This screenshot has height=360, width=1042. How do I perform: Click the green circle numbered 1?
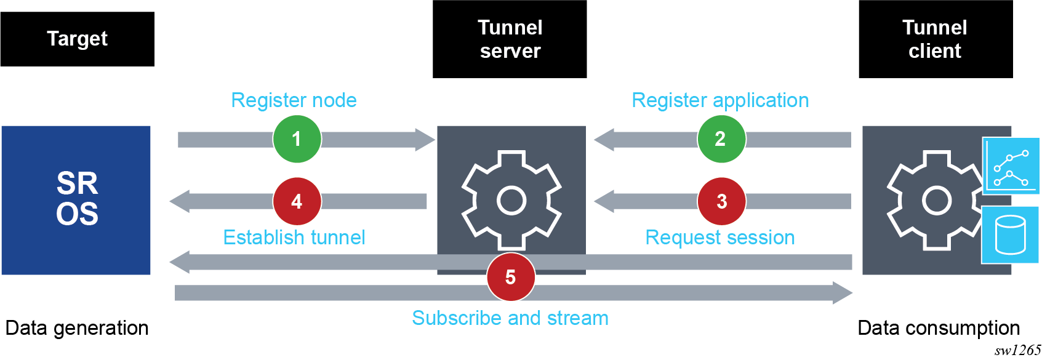tap(297, 139)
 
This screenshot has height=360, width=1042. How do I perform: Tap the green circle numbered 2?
tap(721, 139)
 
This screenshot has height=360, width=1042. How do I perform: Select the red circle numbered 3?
tap(721, 201)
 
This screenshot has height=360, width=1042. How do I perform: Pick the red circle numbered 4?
tap(297, 201)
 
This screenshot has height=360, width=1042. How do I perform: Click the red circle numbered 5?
tap(510, 277)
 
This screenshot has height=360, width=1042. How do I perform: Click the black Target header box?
tap(77, 39)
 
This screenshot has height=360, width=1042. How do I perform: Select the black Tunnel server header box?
tap(510, 39)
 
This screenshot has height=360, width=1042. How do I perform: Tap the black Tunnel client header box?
tap(935, 39)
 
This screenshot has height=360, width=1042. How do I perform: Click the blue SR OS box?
tap(76, 200)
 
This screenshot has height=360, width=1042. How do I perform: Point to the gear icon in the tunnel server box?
tap(511, 200)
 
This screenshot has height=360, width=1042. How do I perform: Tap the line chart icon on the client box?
tap(1011, 166)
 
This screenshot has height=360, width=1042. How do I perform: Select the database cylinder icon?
tap(1010, 235)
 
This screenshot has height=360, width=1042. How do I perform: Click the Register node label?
tap(294, 100)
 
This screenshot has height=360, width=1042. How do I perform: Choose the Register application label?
tap(720, 100)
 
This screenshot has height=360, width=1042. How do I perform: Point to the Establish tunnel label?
tap(294, 238)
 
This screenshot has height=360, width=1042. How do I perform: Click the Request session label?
tap(719, 238)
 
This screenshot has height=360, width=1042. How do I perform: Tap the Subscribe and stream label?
tap(510, 318)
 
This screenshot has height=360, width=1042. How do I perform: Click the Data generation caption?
tap(77, 328)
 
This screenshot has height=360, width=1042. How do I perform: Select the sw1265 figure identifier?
tap(1017, 350)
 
